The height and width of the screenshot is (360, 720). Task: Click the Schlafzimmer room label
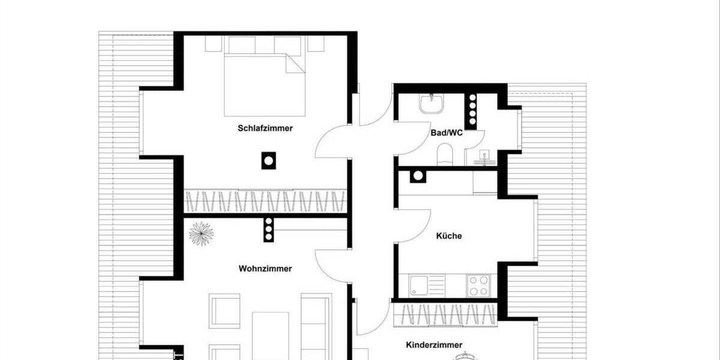point(265,128)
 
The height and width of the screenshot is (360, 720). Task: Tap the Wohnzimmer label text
point(265,268)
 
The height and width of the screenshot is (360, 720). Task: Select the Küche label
point(449,236)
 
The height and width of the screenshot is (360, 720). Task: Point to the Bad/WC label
point(446,133)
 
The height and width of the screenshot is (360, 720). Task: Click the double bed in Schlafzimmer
point(263,84)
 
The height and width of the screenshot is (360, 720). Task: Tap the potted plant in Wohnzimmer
point(200,233)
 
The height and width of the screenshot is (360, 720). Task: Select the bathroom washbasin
point(431,104)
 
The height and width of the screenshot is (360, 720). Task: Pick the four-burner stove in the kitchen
point(479,285)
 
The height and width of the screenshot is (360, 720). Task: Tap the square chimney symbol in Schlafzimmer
point(268,160)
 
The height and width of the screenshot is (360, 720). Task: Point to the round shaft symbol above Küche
point(416,176)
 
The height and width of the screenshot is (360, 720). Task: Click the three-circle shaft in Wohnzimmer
point(268,229)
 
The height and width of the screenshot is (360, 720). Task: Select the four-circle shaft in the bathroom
point(472,110)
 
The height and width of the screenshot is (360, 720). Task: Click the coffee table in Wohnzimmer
point(270,333)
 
